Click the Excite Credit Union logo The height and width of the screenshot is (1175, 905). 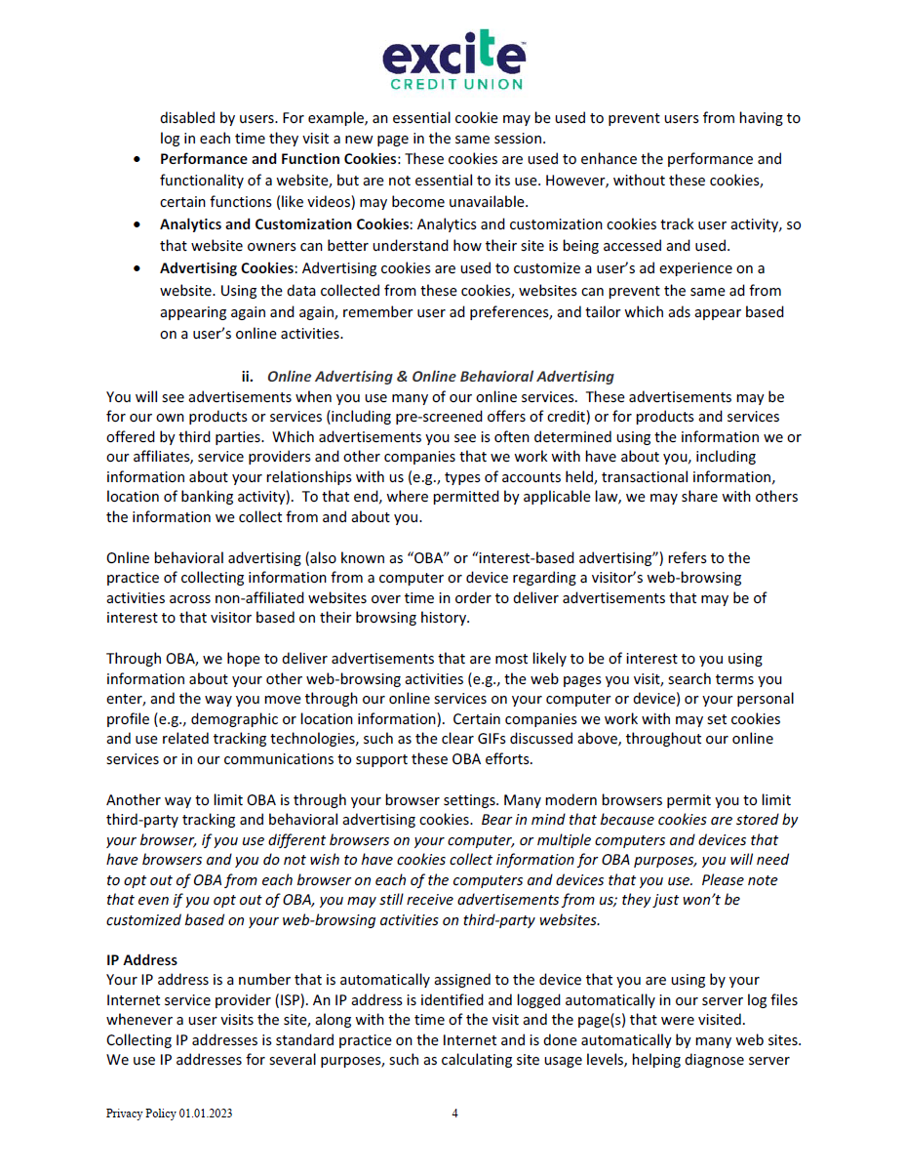tap(453, 59)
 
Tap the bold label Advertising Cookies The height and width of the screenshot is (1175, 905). tap(226, 268)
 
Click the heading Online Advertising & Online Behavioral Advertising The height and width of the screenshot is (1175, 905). tap(441, 377)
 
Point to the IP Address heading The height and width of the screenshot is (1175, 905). tap(141, 960)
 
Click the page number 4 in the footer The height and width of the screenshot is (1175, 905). tap(454, 1114)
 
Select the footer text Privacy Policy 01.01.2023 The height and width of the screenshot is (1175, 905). tap(169, 1114)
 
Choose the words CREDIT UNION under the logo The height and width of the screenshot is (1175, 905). tap(457, 84)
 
